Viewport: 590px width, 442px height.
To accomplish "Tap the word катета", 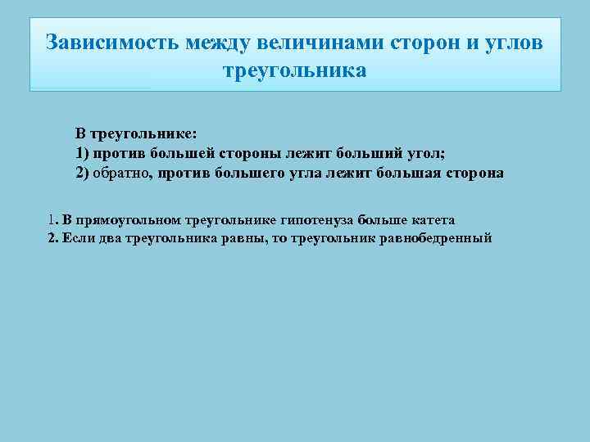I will (429, 220).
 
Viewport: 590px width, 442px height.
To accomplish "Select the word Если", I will (79, 238).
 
